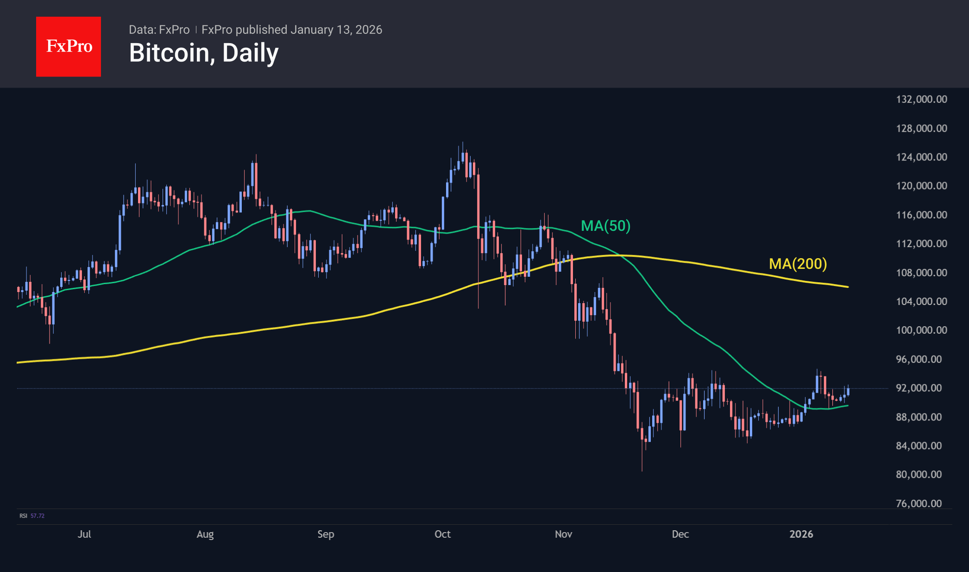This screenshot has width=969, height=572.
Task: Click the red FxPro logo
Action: (69, 47)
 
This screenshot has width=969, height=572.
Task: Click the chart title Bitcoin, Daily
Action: (204, 53)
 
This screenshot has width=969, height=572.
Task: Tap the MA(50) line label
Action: (605, 226)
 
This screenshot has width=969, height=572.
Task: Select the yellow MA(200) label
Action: (798, 264)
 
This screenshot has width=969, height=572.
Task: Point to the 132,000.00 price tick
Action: (921, 99)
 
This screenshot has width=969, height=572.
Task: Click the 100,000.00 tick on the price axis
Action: (921, 330)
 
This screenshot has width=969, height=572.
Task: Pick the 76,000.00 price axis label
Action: (919, 503)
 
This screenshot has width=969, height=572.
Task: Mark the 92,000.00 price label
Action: (919, 388)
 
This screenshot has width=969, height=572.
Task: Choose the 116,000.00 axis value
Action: (921, 215)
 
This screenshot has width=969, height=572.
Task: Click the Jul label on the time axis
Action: (84, 534)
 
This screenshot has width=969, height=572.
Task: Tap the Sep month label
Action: (326, 534)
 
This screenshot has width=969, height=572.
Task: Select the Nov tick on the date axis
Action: (563, 534)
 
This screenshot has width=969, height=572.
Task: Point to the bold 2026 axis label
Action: (801, 534)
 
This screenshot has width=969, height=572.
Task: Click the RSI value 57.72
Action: (38, 516)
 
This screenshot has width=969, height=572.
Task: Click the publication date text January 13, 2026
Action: (336, 30)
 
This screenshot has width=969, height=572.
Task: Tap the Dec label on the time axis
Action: (680, 534)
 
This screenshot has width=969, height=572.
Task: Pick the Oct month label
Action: (442, 534)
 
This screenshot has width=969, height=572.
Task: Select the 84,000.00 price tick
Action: (919, 445)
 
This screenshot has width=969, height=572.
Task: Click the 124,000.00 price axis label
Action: (921, 157)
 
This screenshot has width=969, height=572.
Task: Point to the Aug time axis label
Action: (205, 534)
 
